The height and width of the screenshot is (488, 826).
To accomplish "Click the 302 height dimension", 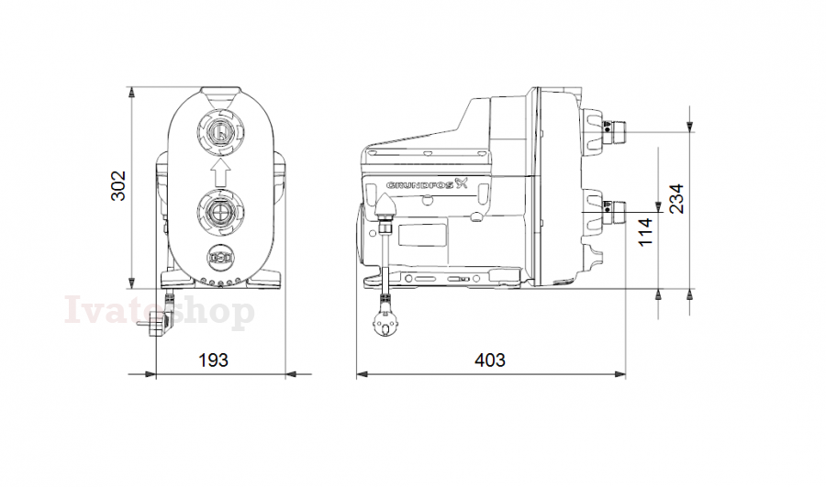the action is [x=118, y=185].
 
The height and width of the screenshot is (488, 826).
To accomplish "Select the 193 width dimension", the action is [x=213, y=360].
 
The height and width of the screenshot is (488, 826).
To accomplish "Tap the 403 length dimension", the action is [x=490, y=360].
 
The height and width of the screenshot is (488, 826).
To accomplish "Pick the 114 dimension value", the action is [x=645, y=232].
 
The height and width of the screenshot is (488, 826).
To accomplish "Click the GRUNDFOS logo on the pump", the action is [x=427, y=184].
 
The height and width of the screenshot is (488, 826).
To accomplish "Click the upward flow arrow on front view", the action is [x=220, y=172].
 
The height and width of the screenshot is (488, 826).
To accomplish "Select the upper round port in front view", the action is [x=220, y=132].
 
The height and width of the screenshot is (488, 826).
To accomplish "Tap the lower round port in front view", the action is [x=220, y=212].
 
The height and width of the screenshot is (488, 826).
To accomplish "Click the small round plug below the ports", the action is [x=220, y=258].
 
